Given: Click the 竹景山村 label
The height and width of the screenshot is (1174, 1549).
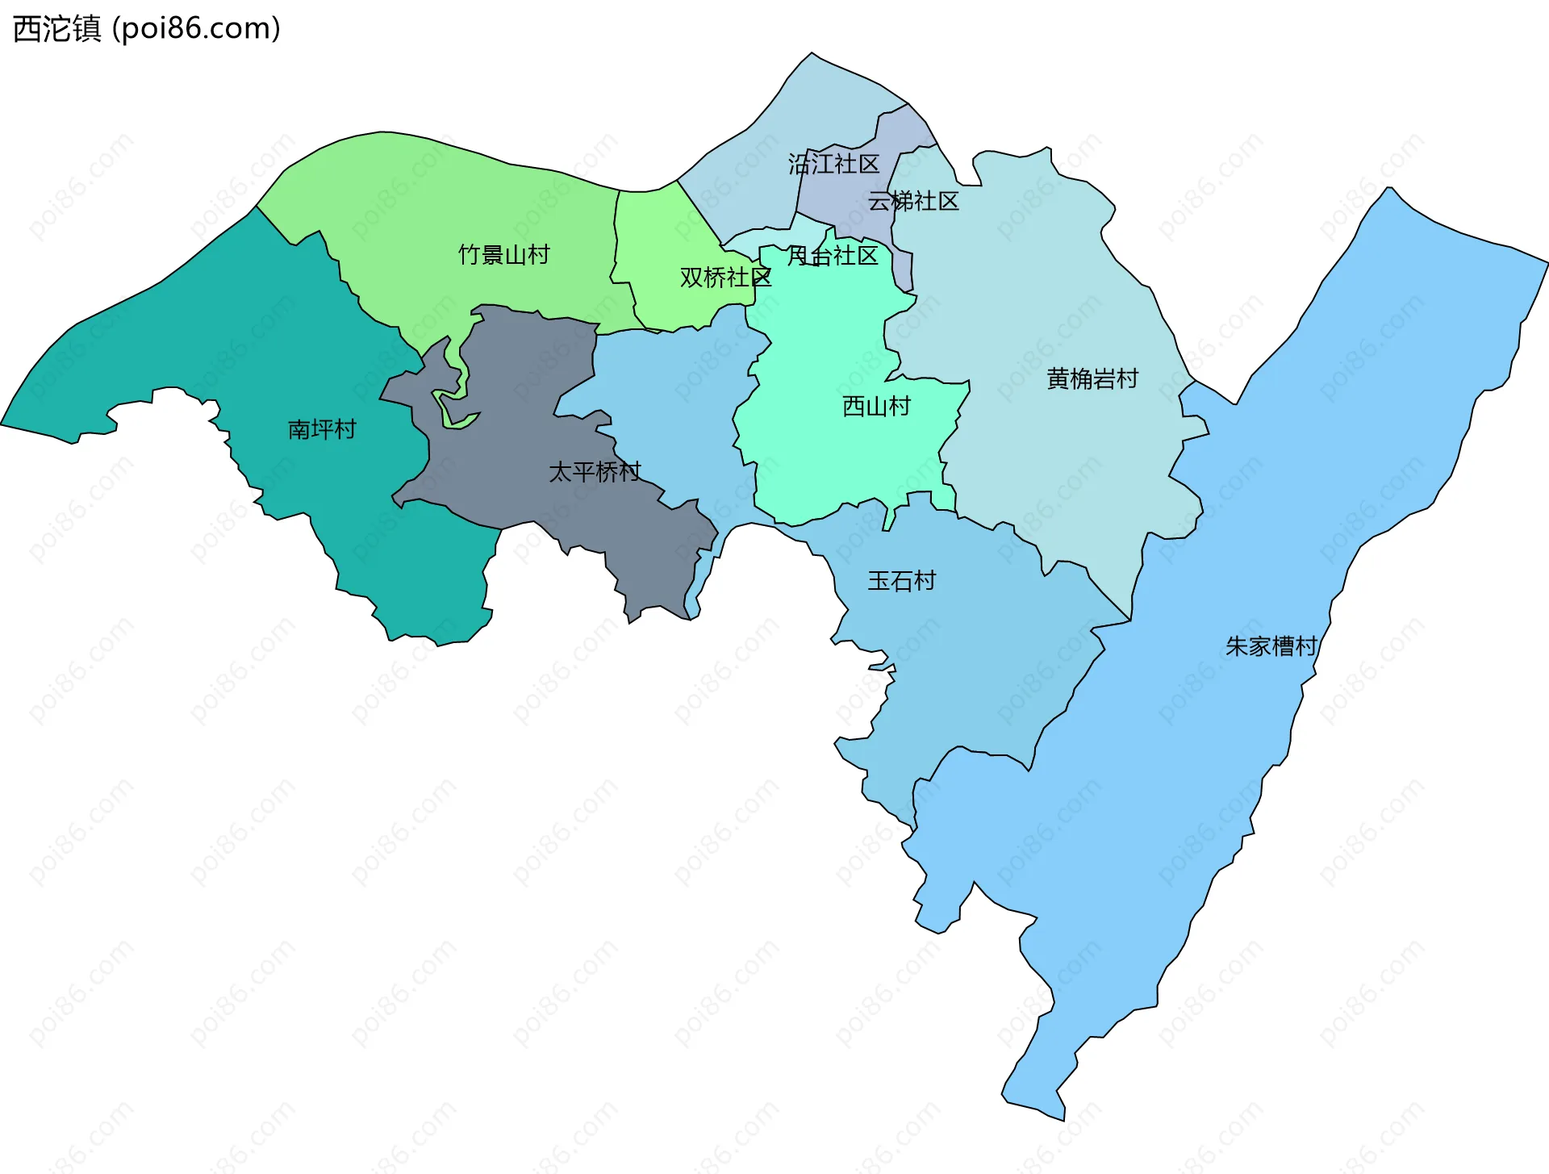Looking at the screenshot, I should (x=503, y=255).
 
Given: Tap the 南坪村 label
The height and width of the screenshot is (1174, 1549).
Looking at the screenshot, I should (x=322, y=428).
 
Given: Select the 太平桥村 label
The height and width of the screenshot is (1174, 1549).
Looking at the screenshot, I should (x=595, y=471).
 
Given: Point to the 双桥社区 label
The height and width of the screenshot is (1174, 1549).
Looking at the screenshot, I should (x=725, y=278).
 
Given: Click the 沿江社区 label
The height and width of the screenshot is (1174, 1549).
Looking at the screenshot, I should (x=833, y=165).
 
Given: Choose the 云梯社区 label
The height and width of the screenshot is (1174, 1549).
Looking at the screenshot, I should (x=913, y=201).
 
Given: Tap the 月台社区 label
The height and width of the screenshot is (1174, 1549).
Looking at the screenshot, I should (x=833, y=256).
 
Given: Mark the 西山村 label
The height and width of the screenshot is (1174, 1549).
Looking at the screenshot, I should (x=876, y=406).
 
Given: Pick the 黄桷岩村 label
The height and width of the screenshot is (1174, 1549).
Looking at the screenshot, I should (x=1092, y=378).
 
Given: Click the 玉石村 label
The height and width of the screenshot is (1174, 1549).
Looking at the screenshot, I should (x=901, y=581).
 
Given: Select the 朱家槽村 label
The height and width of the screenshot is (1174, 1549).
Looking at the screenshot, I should (x=1271, y=646).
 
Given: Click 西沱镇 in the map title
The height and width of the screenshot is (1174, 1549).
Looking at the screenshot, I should (x=56, y=28).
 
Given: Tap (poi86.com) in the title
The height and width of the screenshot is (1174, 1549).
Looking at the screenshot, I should (x=196, y=28).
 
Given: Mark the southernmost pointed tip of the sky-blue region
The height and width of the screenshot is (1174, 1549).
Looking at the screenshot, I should (x=1062, y=1118).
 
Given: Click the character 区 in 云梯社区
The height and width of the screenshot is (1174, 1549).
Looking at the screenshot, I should (x=948, y=201).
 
